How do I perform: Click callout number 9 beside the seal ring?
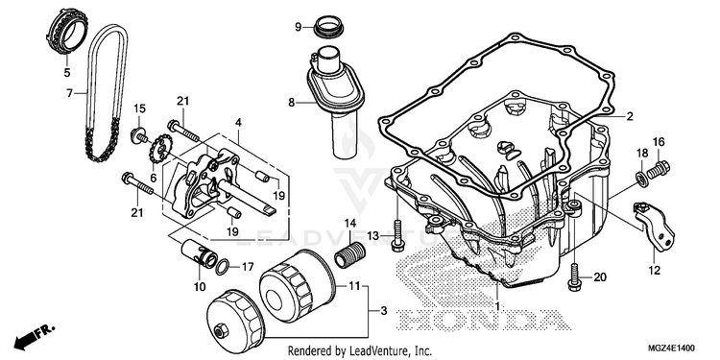pyautogui.click(x=298, y=28)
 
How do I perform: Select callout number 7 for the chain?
pyautogui.click(x=69, y=93)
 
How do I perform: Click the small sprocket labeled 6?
pyautogui.click(x=161, y=148)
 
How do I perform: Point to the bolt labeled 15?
pyautogui.click(x=139, y=135)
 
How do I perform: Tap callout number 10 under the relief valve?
pyautogui.click(x=200, y=287)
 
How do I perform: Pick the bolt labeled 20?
pyautogui.click(x=573, y=276)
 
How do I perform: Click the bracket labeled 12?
pyautogui.click(x=655, y=227)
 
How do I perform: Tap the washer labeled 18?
pyautogui.click(x=641, y=179)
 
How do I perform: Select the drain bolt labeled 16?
pyautogui.click(x=658, y=170)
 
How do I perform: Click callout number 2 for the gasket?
pyautogui.click(x=629, y=116)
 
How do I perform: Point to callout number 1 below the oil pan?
pyautogui.click(x=496, y=304)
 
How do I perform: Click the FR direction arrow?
pyautogui.click(x=35, y=337)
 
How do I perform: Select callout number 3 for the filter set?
pyautogui.click(x=384, y=311)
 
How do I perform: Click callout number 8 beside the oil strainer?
pyautogui.click(x=291, y=103)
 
